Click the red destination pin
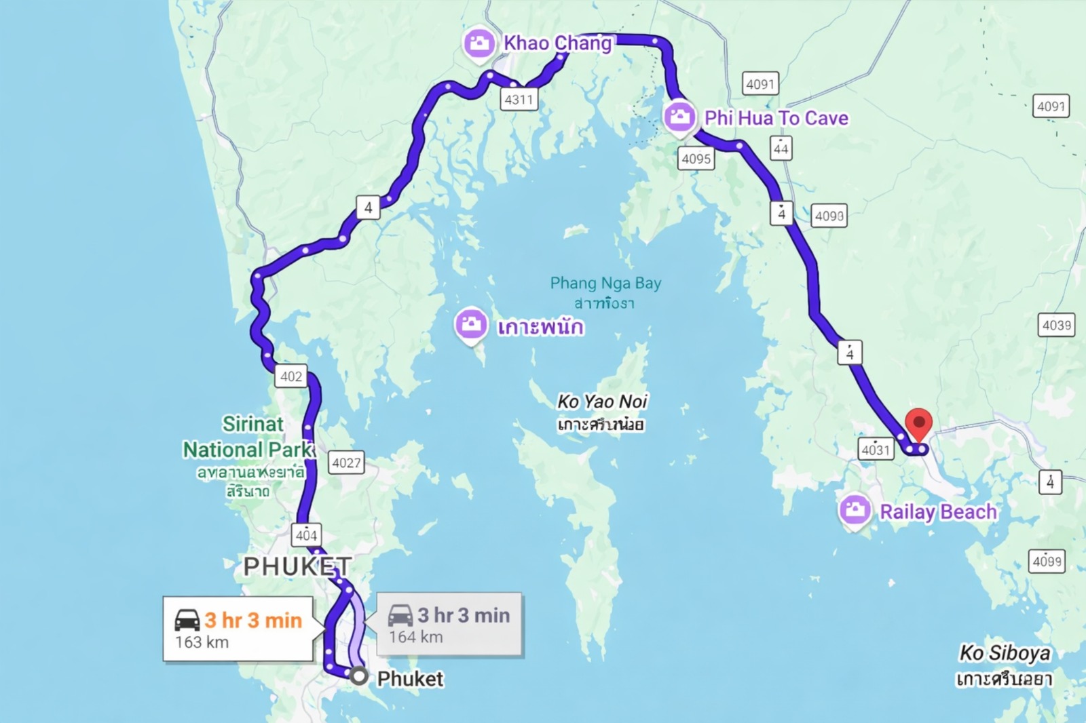click(919, 425)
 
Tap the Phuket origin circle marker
click(358, 676)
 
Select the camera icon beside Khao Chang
click(479, 43)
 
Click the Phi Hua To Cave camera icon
click(679, 117)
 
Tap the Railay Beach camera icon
click(855, 509)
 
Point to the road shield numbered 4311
click(519, 100)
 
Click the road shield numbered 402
click(291, 376)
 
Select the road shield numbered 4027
click(346, 463)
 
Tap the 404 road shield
click(306, 534)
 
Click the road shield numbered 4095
click(696, 159)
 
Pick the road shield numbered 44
click(781, 148)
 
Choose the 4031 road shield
click(876, 449)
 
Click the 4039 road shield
click(1057, 326)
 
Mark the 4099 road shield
click(1047, 561)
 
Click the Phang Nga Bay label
click(605, 283)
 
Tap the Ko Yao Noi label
click(602, 402)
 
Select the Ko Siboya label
click(1005, 653)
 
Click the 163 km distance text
click(202, 642)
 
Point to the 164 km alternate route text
click(415, 637)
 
